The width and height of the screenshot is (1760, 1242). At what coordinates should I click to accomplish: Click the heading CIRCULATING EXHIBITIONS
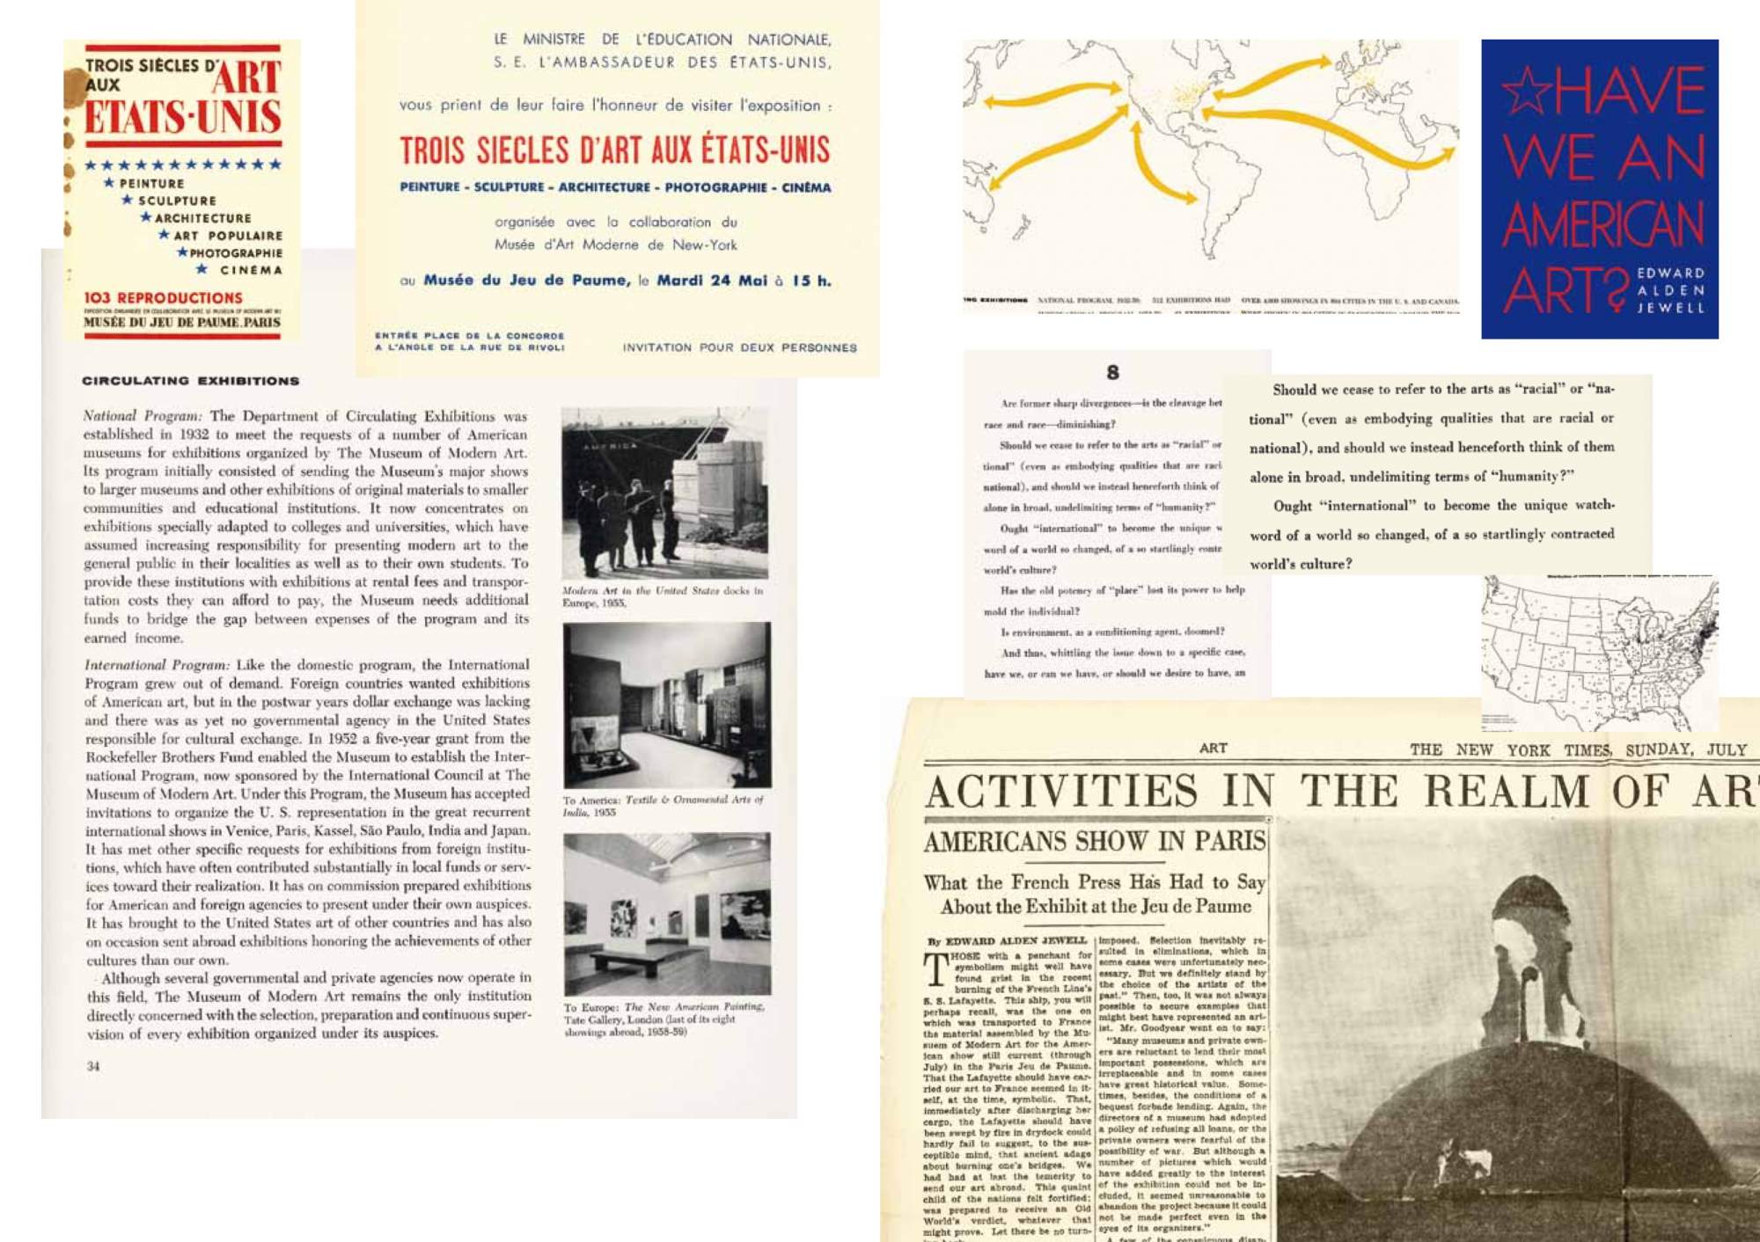point(190,381)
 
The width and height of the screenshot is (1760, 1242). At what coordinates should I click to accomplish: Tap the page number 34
point(93,1066)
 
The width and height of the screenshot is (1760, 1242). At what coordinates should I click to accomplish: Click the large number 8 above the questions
point(1112,372)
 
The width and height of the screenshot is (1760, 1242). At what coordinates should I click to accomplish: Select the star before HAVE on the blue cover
point(1526,91)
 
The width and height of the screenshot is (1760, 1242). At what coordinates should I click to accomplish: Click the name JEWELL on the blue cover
point(1670,308)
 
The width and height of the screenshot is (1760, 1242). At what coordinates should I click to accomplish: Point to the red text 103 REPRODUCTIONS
point(163,298)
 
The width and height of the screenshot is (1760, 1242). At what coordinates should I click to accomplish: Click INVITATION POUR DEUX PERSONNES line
point(739,347)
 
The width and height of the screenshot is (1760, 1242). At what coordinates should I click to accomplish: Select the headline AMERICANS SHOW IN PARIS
point(1095,841)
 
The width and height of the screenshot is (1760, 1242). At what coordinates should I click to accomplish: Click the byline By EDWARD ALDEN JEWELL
point(1007,940)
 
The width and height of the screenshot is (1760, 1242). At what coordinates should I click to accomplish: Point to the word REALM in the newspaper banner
point(1506,791)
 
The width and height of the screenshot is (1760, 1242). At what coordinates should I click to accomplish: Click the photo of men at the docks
point(664,493)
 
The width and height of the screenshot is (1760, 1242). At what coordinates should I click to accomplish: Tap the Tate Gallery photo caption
point(664,1019)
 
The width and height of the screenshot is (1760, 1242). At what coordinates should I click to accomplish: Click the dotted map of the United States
point(1598,653)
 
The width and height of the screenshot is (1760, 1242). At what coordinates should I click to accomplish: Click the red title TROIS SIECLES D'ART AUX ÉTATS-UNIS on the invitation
point(614,150)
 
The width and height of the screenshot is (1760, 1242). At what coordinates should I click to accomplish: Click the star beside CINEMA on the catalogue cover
point(202,269)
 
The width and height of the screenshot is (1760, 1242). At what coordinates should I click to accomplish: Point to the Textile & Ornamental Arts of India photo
point(666,705)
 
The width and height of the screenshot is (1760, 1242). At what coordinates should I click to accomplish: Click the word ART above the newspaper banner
point(1213,748)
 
